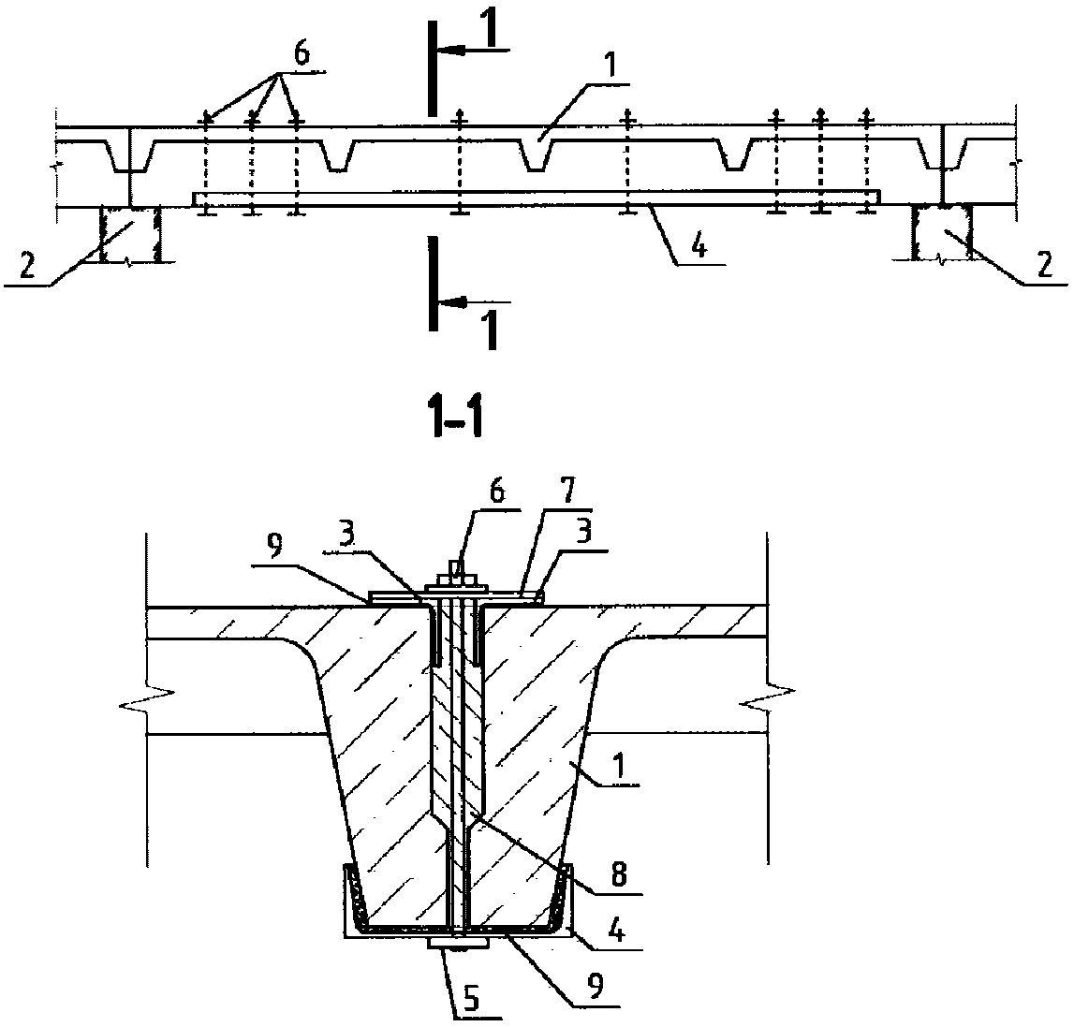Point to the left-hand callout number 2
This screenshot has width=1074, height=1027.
[26, 266]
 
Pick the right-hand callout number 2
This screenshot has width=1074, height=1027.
[1044, 265]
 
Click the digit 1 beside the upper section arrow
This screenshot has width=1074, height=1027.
[494, 35]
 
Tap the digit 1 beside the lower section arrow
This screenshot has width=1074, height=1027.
[489, 330]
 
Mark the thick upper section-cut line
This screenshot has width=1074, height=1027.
[433, 68]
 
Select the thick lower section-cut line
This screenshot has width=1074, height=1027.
[433, 284]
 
